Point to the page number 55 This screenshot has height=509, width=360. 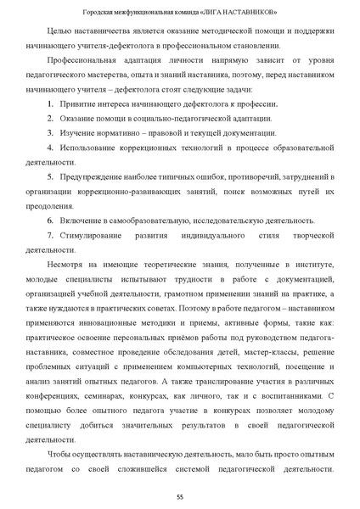(180, 495)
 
